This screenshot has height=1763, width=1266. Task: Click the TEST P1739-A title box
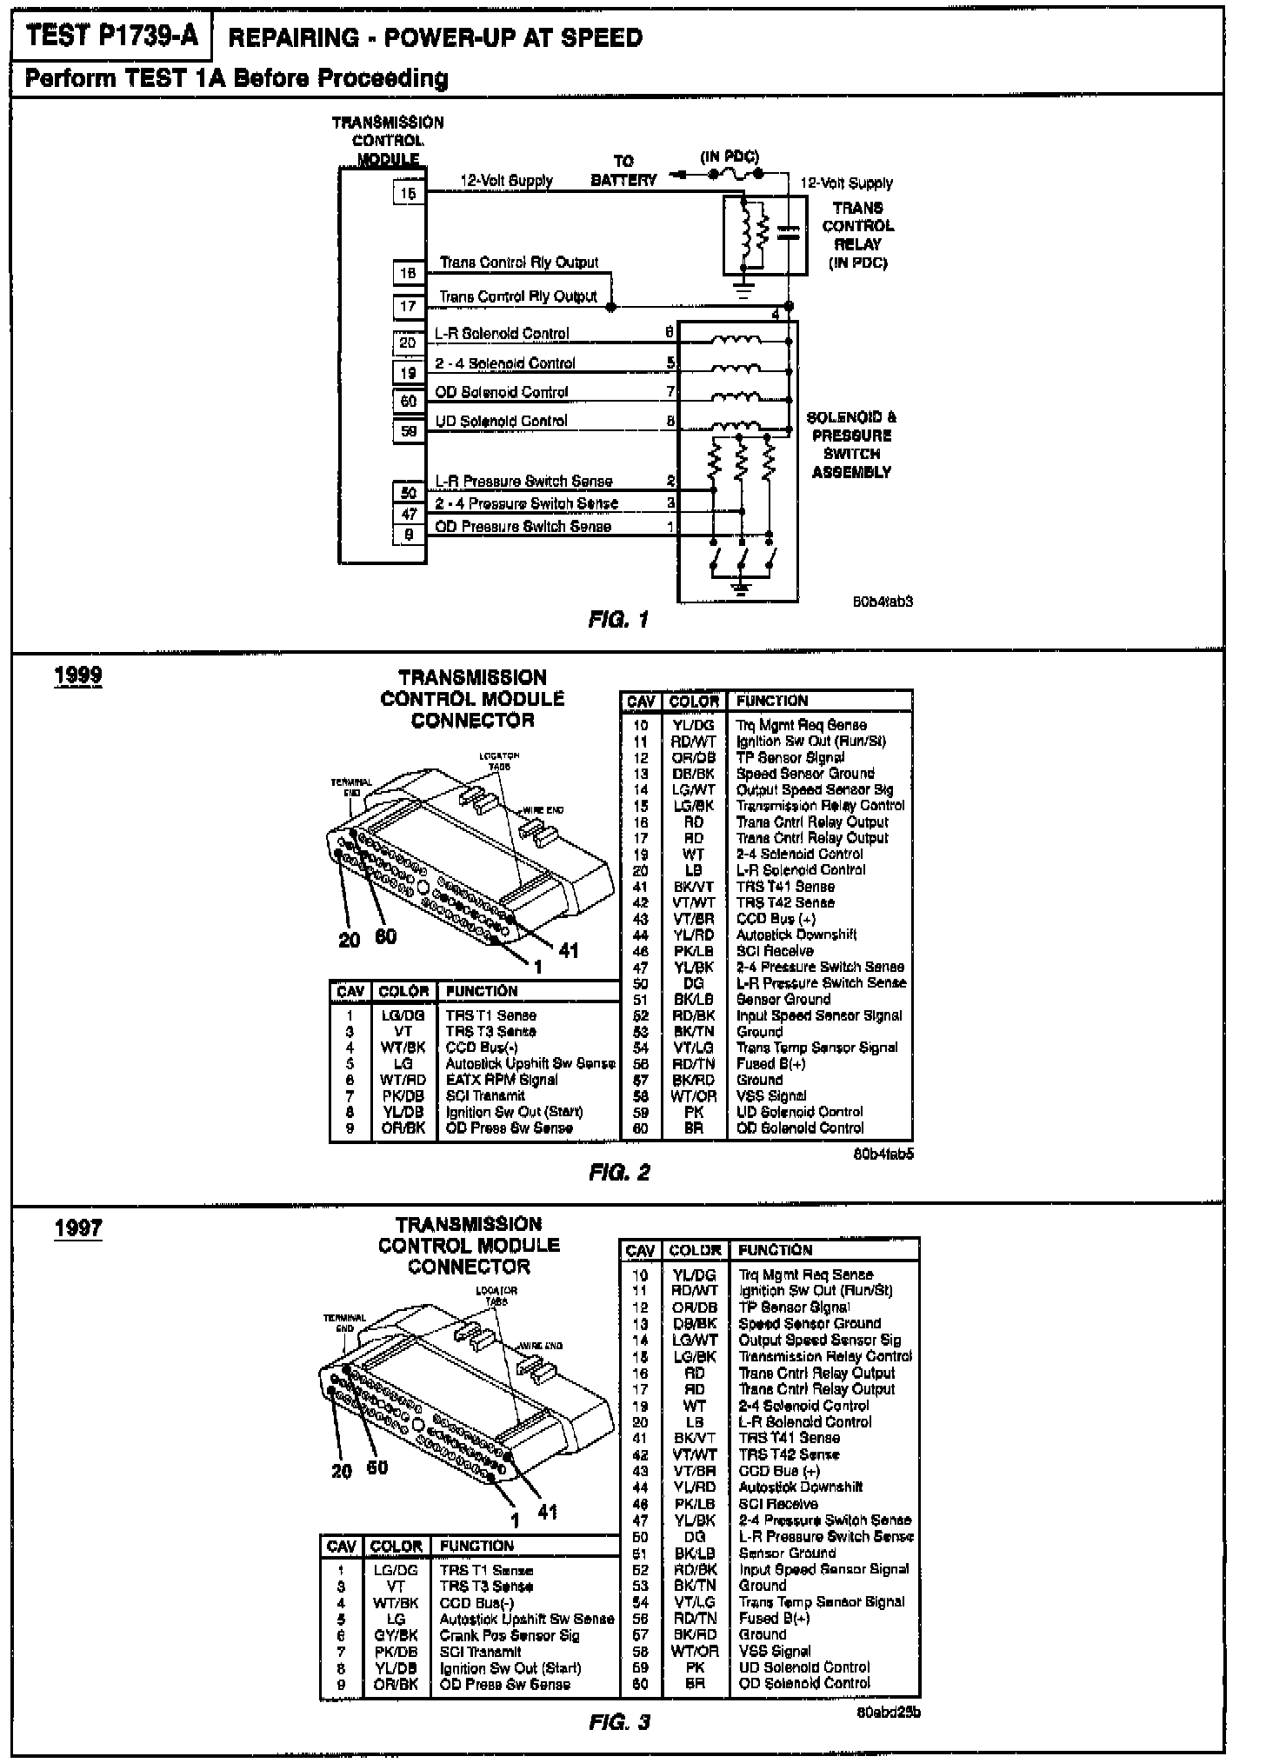point(111,36)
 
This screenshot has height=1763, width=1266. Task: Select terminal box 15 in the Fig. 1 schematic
point(408,193)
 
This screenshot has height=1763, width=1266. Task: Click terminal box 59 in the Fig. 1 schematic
point(408,431)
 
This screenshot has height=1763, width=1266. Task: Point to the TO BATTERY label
point(623,171)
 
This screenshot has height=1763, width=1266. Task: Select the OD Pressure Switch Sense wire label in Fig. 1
point(523,527)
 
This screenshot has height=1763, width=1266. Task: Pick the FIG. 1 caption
point(618,620)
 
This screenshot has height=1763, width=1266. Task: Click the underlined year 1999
point(78,675)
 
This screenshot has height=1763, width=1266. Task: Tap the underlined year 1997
point(78,1228)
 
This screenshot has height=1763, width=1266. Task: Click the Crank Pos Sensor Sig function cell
point(509,1635)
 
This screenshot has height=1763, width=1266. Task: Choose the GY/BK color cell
point(396,1635)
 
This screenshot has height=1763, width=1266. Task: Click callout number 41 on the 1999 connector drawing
point(568,950)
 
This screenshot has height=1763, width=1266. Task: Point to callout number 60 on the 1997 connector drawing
point(376,1467)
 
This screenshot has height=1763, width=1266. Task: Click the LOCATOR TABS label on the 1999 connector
point(499,761)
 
